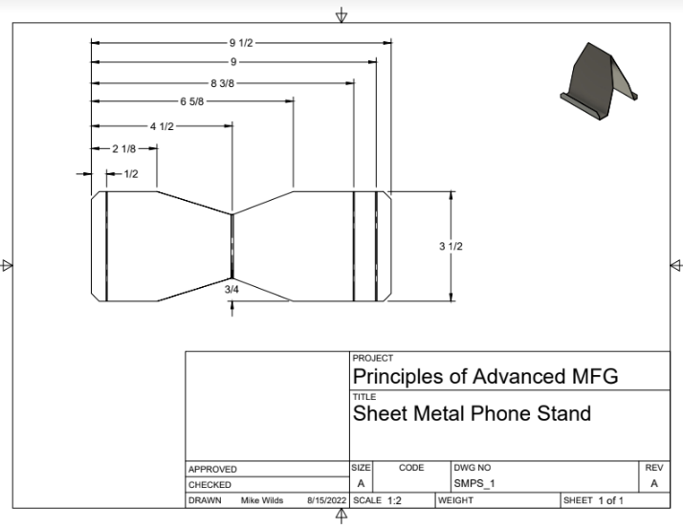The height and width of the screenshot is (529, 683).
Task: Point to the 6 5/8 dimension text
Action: (191, 101)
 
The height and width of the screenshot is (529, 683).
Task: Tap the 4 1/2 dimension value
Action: (161, 126)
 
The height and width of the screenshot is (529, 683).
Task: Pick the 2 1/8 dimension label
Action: (124, 149)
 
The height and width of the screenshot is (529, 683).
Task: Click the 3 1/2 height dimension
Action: (452, 247)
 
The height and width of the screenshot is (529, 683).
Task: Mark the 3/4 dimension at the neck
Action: (232, 288)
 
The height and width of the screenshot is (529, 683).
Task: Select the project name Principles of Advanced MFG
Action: (485, 376)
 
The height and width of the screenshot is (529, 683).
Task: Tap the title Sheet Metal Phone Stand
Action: (472, 414)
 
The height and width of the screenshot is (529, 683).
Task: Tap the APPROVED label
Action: (212, 470)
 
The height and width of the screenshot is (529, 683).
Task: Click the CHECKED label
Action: (210, 485)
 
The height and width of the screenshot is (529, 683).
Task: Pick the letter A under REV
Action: (654, 484)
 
